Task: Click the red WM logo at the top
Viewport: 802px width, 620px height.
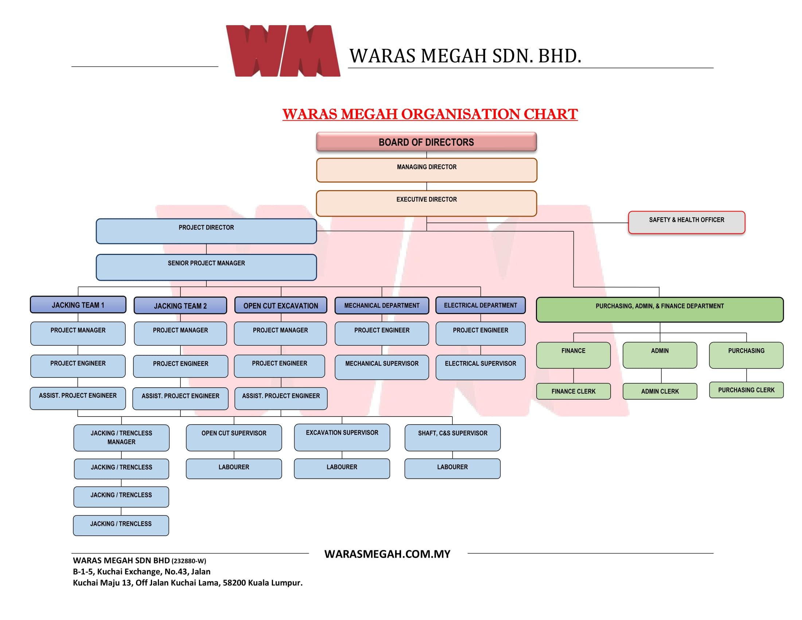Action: pyautogui.click(x=283, y=51)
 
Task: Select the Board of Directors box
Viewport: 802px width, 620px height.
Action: pyautogui.click(x=427, y=142)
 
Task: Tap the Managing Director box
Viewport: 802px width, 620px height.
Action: pyautogui.click(x=427, y=170)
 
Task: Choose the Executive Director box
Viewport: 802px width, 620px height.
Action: pyautogui.click(x=427, y=203)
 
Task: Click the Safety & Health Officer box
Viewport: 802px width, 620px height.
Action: pyautogui.click(x=686, y=222)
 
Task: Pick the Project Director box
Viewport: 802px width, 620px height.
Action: pyautogui.click(x=206, y=231)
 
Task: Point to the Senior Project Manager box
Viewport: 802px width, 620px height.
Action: pyautogui.click(x=206, y=267)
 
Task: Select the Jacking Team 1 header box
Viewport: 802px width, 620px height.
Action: pyautogui.click(x=78, y=305)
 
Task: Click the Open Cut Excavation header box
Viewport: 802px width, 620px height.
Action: pyautogui.click(x=281, y=305)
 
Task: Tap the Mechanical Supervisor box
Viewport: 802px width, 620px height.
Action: pyautogui.click(x=382, y=367)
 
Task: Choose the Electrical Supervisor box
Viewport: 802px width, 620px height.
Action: pyautogui.click(x=480, y=367)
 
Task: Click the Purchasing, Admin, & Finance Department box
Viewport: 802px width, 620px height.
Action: pyautogui.click(x=659, y=310)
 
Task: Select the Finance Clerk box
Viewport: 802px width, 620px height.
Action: pyautogui.click(x=573, y=391)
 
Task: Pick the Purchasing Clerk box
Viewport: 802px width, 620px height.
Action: pyautogui.click(x=746, y=390)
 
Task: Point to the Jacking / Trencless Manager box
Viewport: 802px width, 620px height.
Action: pyautogui.click(x=121, y=437)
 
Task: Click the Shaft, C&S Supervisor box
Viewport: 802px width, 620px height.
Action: pyautogui.click(x=452, y=437)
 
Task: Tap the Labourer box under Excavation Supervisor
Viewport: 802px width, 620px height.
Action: pyautogui.click(x=342, y=468)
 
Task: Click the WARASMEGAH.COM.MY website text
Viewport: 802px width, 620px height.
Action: pyautogui.click(x=387, y=554)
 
